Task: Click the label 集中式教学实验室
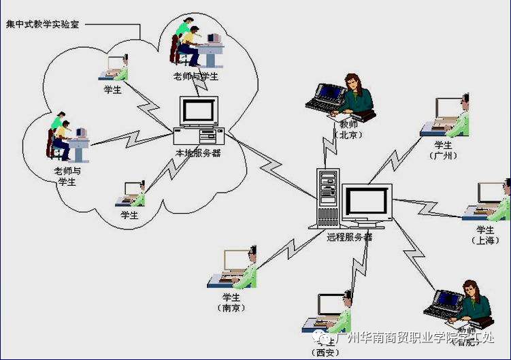(42, 24)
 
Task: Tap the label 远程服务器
(349, 237)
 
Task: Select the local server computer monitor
(199, 112)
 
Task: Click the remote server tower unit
(328, 198)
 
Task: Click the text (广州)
(444, 156)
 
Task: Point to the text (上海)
(485, 240)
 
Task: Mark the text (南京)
(232, 308)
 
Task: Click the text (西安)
(323, 353)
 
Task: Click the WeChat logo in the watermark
(318, 337)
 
